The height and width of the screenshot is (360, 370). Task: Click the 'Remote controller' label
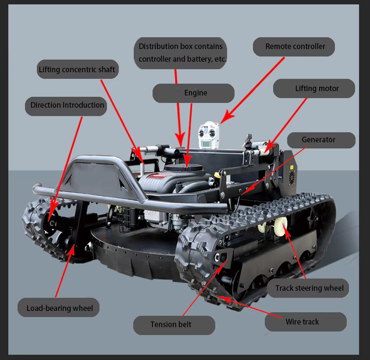click(295, 46)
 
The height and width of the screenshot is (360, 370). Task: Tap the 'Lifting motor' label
click(314, 88)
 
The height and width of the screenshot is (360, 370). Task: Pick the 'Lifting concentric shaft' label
click(77, 69)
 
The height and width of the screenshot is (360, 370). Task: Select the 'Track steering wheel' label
click(308, 288)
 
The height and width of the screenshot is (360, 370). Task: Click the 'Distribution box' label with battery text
click(180, 53)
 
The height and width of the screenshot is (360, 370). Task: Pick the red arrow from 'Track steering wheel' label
click(295, 254)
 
